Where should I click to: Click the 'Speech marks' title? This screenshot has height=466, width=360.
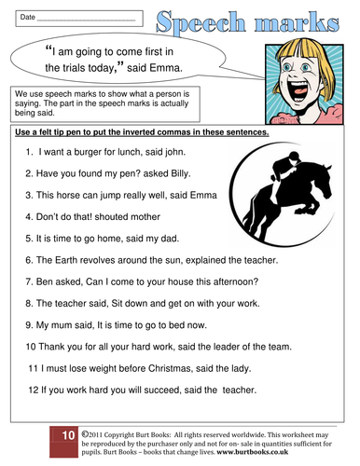[254, 21]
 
